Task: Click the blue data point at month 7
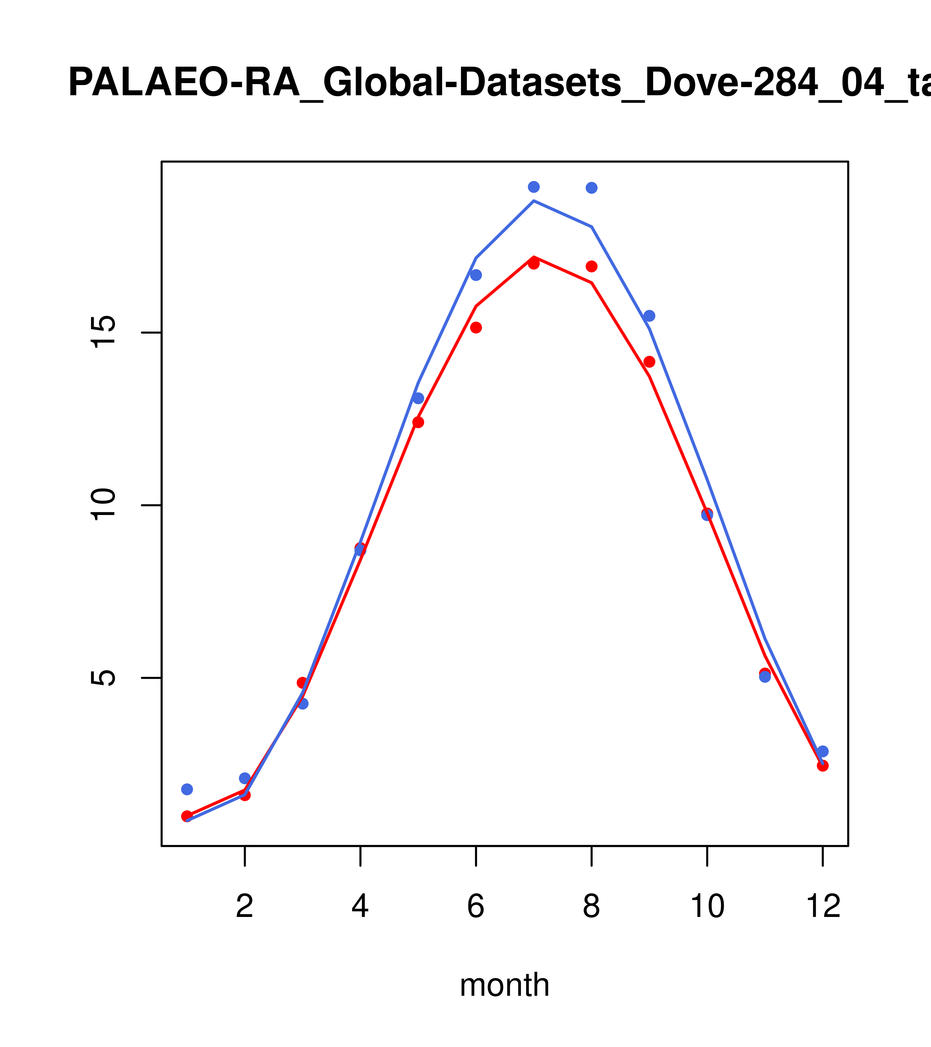click(x=534, y=187)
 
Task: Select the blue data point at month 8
click(x=591, y=188)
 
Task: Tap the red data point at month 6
click(x=476, y=328)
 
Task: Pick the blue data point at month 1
click(x=187, y=789)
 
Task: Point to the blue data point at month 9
click(x=649, y=316)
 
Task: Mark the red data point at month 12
click(x=822, y=766)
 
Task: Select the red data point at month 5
click(x=418, y=422)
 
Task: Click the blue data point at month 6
click(x=476, y=275)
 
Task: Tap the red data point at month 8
click(x=591, y=266)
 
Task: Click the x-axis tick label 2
click(x=245, y=907)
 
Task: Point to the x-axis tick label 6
click(x=476, y=907)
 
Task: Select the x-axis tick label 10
click(x=707, y=907)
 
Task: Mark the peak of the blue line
click(x=534, y=201)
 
